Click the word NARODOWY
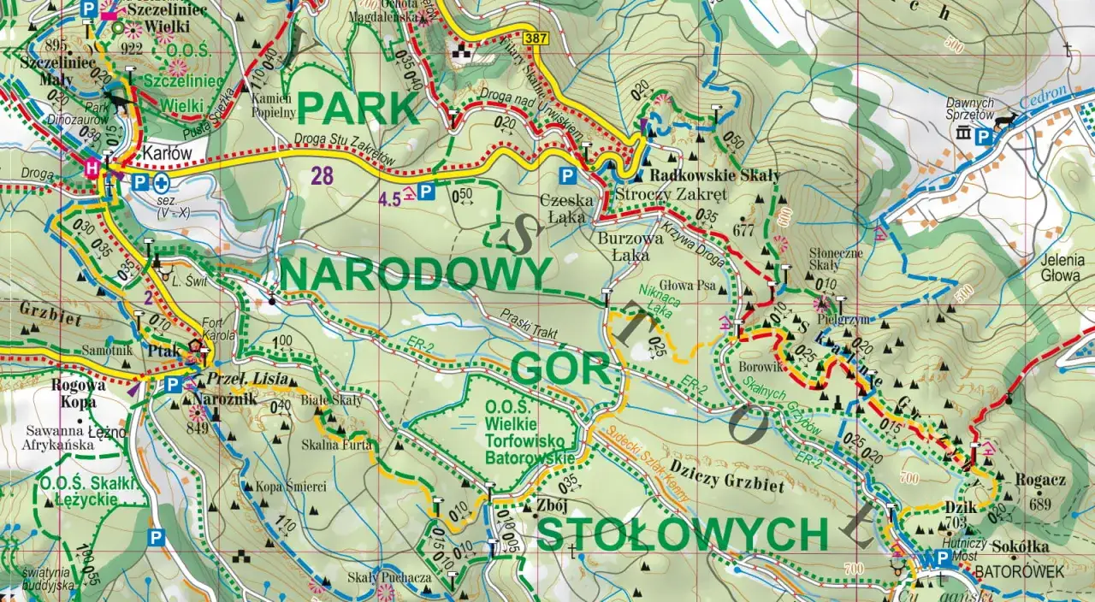pyautogui.click(x=415, y=274)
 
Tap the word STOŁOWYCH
pyautogui.click(x=683, y=534)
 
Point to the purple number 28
pyautogui.click(x=322, y=177)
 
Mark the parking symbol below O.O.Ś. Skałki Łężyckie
pyautogui.click(x=156, y=537)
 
